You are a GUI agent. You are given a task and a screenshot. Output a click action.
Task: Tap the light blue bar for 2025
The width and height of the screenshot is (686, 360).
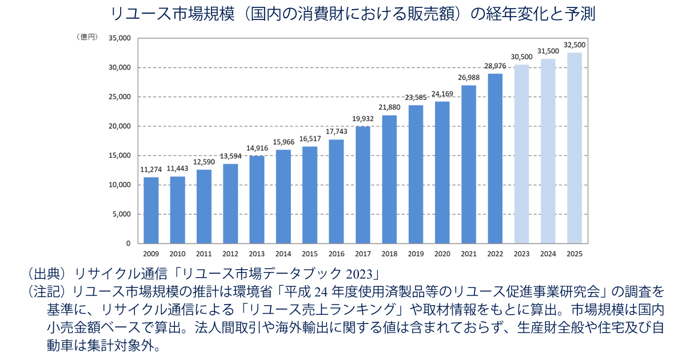574,148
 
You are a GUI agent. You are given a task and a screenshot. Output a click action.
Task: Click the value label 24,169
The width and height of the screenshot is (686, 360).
442,94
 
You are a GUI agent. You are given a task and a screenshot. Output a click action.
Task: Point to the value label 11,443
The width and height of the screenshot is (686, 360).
177,169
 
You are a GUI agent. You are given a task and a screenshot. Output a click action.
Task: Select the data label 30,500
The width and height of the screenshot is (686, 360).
521,57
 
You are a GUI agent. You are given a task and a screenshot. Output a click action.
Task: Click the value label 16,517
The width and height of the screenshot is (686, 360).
310,139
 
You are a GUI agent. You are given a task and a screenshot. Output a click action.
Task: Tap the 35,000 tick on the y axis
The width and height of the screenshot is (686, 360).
119,38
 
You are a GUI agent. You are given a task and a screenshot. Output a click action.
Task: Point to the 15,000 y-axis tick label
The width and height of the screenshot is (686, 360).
119,155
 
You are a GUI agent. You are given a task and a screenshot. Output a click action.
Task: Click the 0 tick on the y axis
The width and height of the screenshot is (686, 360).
128,243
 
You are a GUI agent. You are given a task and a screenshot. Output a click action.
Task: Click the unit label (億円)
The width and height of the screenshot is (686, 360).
87,37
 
